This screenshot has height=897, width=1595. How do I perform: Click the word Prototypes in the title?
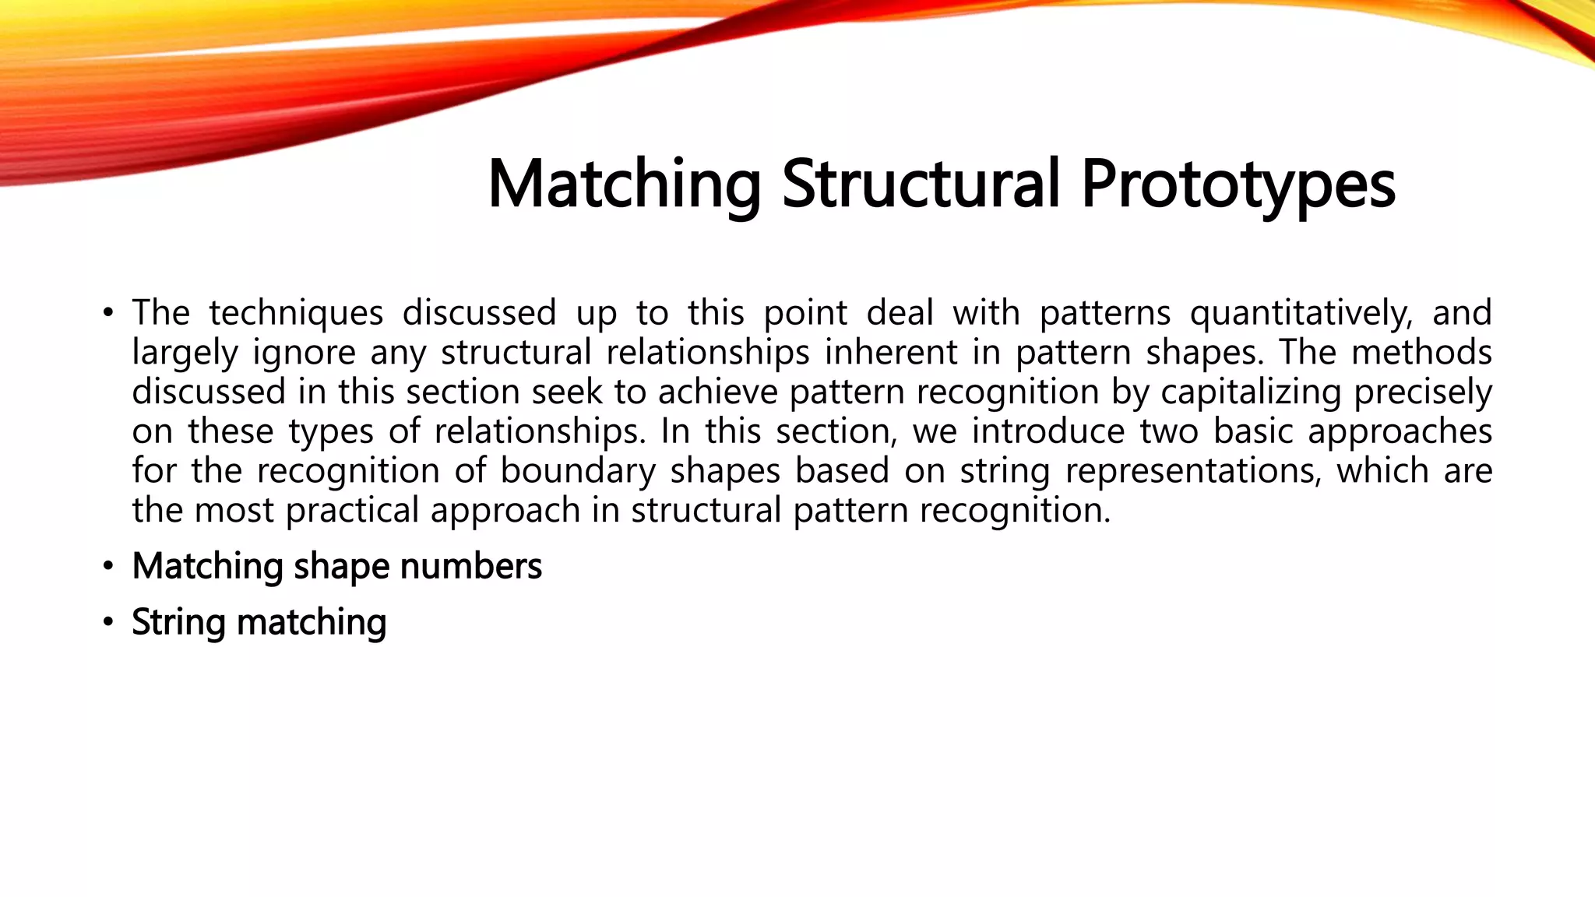click(1238, 185)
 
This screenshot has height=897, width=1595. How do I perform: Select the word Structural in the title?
click(920, 184)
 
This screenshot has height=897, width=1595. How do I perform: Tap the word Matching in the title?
click(624, 185)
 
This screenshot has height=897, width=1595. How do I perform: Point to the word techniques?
click(296, 314)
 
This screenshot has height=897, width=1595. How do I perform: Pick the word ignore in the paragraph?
click(304, 354)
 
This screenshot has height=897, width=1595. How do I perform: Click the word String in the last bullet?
click(178, 623)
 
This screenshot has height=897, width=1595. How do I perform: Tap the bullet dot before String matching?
click(108, 623)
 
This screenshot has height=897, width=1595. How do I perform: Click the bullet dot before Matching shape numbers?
click(108, 566)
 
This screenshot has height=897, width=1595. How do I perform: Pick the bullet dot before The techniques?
click(108, 314)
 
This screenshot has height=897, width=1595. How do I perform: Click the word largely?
click(185, 354)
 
